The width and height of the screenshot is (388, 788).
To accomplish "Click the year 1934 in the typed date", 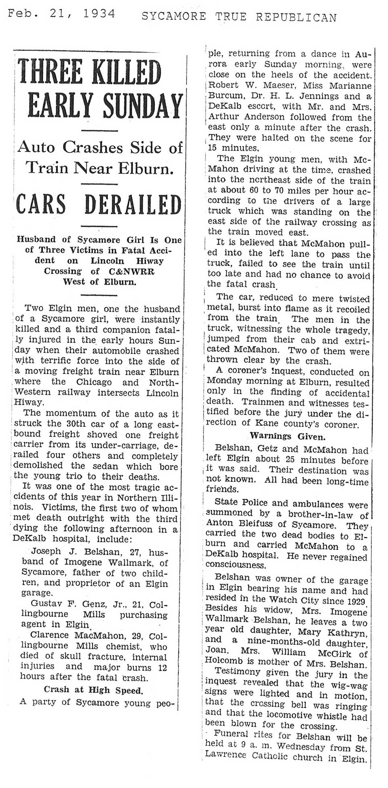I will point(99,14).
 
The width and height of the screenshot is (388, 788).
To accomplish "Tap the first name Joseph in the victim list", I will point(46,551).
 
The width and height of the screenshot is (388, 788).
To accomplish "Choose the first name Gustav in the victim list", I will point(45,604).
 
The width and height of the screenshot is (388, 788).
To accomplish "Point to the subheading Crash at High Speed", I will point(93,689).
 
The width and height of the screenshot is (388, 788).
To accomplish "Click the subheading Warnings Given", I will point(287,436).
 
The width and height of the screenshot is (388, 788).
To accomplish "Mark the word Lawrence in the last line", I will point(225,754).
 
